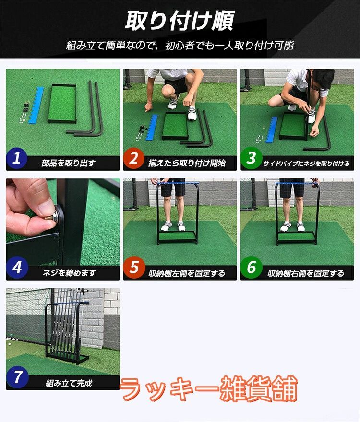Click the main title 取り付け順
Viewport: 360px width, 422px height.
(x=180, y=21)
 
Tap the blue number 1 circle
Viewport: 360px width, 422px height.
(x=17, y=159)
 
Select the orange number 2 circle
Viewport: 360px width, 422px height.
(x=134, y=159)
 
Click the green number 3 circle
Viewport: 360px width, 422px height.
(x=252, y=159)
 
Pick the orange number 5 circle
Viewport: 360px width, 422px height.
(x=134, y=268)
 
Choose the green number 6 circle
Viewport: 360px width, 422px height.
(x=252, y=268)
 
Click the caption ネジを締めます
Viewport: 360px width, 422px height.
(x=69, y=272)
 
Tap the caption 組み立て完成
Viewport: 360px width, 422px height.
(x=69, y=383)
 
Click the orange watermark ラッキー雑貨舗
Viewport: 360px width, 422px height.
(x=209, y=388)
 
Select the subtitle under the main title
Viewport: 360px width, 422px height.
(x=180, y=46)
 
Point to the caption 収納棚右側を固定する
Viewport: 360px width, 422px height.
(x=306, y=273)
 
